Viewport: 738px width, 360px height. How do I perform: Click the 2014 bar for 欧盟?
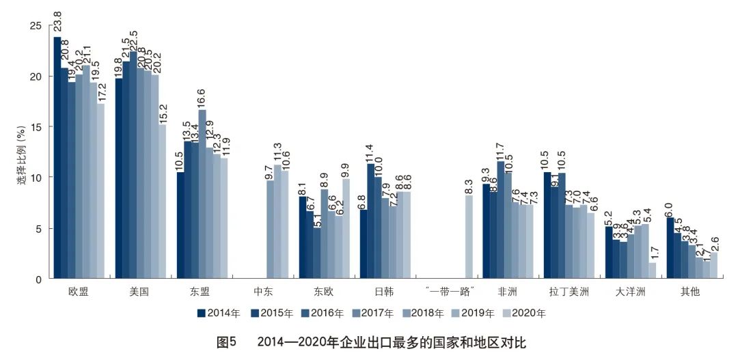(57, 158)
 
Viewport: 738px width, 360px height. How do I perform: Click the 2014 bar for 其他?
(670, 248)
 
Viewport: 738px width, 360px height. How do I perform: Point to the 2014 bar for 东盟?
(180, 225)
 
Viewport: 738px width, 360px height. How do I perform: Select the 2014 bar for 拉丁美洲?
(547, 225)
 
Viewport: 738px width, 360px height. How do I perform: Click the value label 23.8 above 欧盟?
(58, 20)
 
